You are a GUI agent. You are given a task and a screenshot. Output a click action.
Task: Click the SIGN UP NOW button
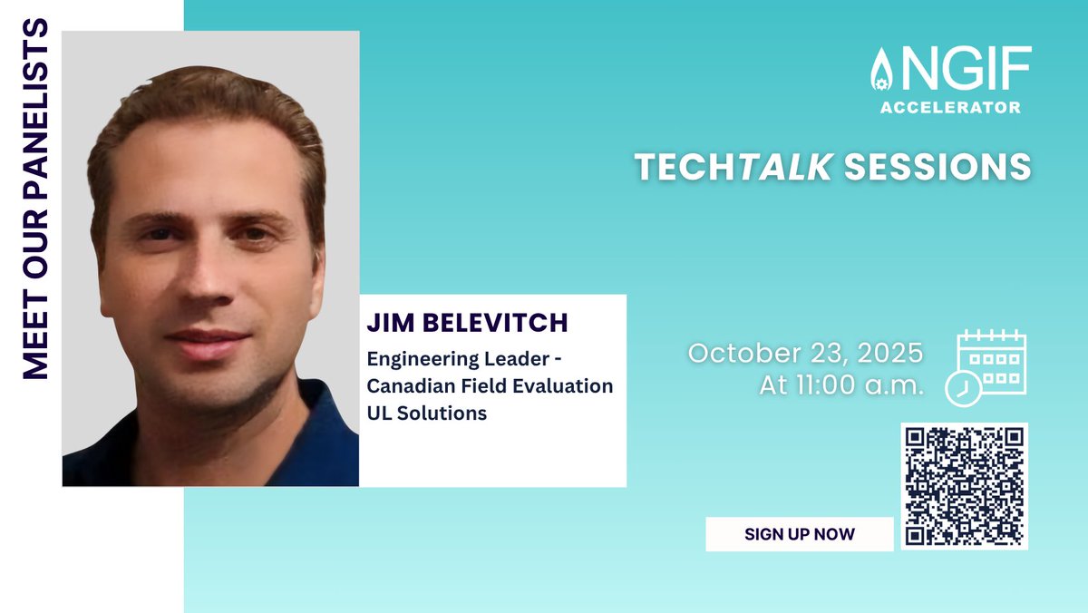[799, 534]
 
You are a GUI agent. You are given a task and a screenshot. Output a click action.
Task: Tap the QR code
[965, 486]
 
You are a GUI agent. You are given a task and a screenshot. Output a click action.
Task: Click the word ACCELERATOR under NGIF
[950, 107]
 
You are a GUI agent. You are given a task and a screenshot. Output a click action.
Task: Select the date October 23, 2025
[805, 352]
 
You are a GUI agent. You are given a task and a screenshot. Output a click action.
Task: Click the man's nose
[207, 288]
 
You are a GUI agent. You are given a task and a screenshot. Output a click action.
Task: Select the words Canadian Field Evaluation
[490, 386]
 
